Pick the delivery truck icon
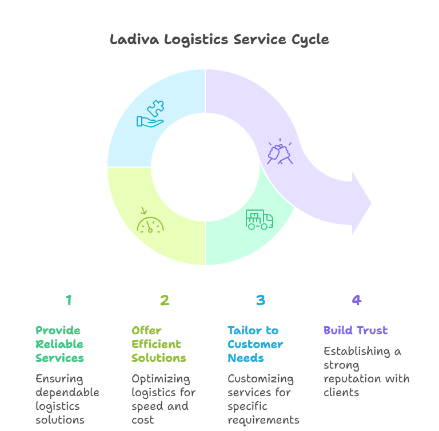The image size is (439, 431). pos(260,220)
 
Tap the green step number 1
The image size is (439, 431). pos(69,300)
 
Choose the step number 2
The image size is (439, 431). pos(165,300)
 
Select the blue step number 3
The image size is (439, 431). pos(261,300)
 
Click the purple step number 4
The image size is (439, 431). pos(357,300)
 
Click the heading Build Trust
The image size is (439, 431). pos(356,330)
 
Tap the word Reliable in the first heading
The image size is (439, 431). pos(59,344)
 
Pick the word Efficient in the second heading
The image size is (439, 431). pos(156,344)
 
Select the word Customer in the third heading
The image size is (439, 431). pos(255,344)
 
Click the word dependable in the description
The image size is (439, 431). pos(67,392)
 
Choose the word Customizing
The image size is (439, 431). pos(261,378)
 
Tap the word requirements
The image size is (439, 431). pos(264,420)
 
